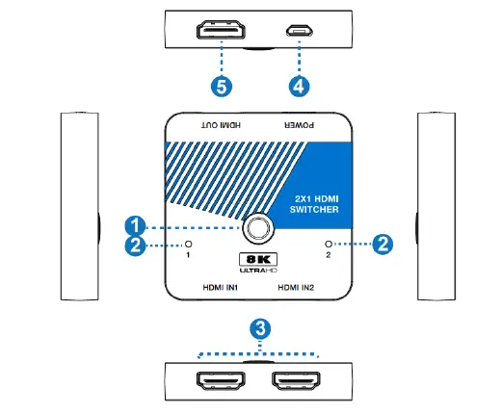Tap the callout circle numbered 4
click(300, 85)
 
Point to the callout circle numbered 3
click(258, 328)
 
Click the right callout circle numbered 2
click(381, 245)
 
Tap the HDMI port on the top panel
click(221, 31)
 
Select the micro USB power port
click(300, 31)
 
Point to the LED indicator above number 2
click(330, 245)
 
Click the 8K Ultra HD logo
click(258, 262)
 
